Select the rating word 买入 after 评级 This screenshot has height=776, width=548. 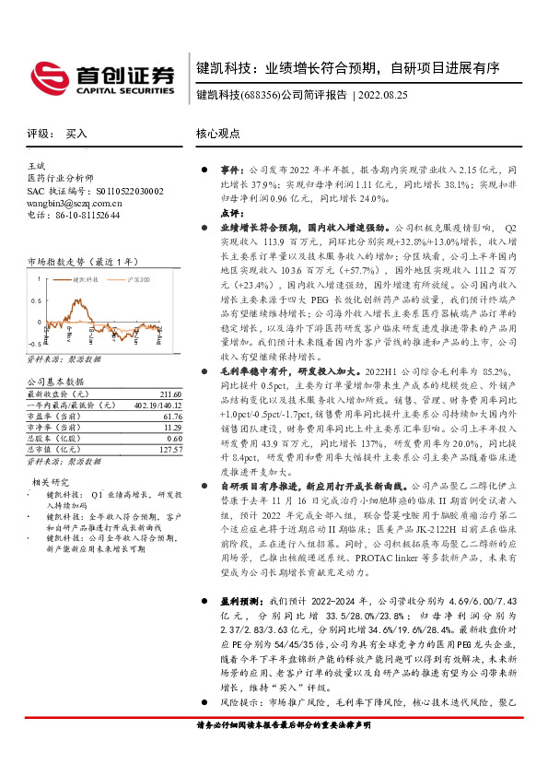pyautogui.click(x=76, y=133)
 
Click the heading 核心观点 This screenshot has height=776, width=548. pyautogui.click(x=217, y=133)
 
